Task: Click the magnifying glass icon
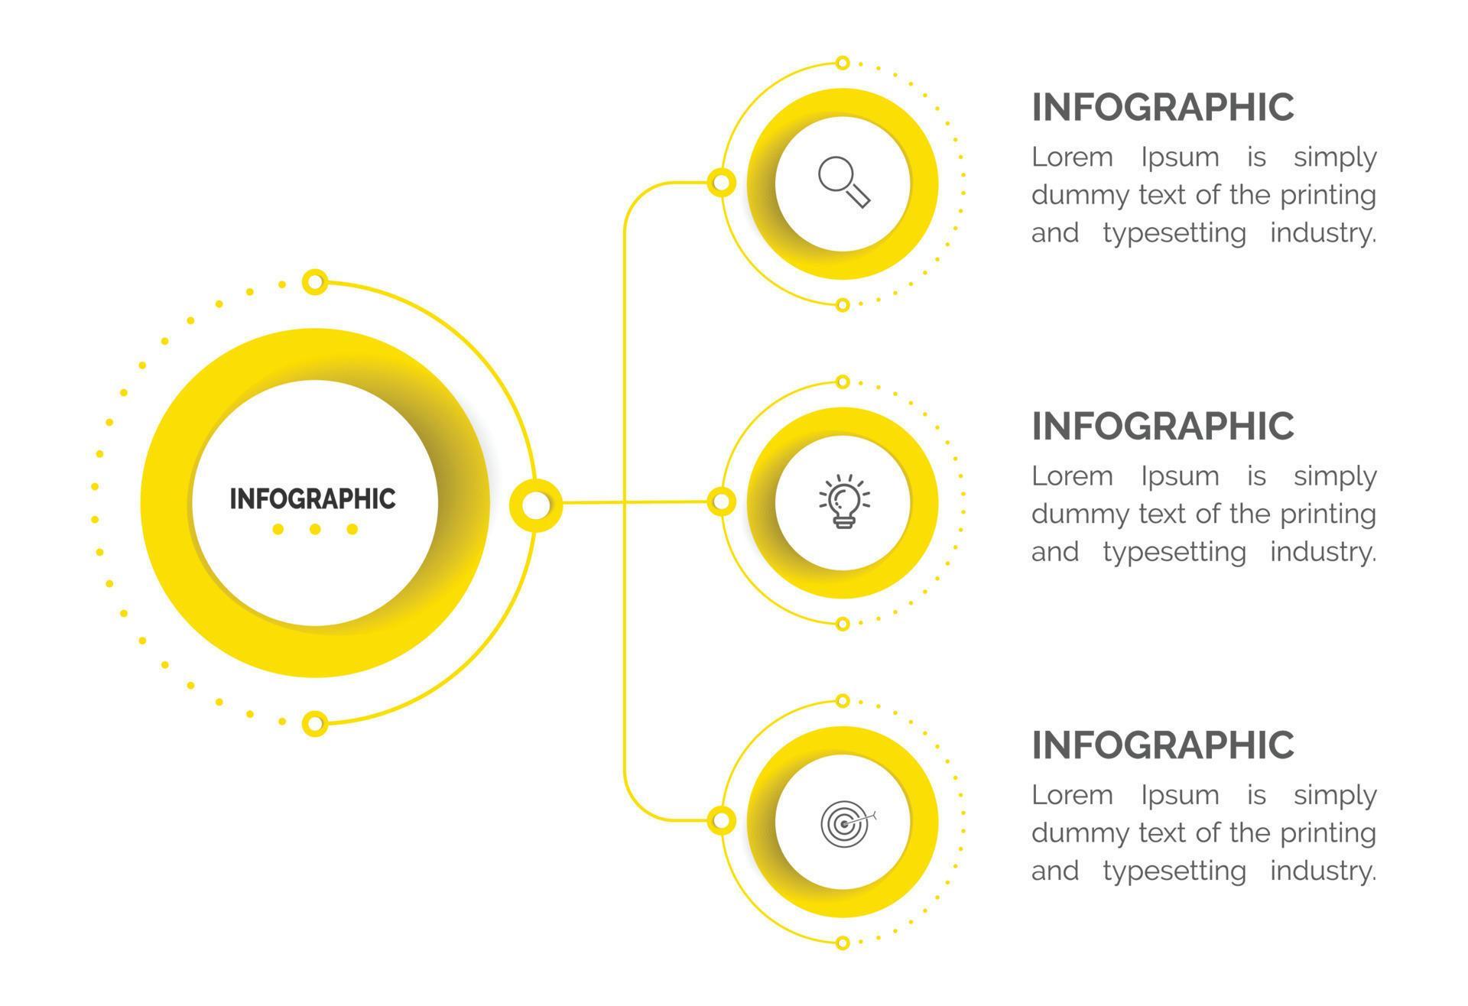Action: pos(843,182)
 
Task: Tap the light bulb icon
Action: pos(843,501)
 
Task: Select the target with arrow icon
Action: pos(846,823)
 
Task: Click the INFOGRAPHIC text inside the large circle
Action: pos(313,498)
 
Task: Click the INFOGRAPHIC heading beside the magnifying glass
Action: pos(1162,107)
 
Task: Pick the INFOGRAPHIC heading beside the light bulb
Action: pos(1162,427)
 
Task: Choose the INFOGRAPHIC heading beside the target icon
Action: pos(1162,745)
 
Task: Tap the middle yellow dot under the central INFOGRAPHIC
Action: pos(315,529)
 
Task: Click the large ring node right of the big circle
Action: pos(536,505)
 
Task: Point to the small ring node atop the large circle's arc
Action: pos(315,282)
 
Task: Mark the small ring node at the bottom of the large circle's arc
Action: pos(315,723)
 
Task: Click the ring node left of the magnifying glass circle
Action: pos(720,183)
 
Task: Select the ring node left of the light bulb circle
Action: pos(720,502)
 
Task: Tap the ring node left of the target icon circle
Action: pos(720,821)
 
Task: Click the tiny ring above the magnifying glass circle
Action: pos(843,63)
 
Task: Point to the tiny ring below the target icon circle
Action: pos(843,943)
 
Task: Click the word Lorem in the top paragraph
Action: pos(1072,157)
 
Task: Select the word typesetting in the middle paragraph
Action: pos(1174,552)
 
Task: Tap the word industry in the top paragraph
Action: pos(1322,233)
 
